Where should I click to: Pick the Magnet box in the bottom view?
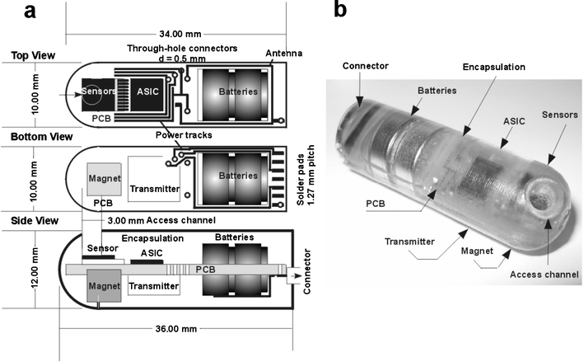(x=104, y=179)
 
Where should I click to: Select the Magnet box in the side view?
(x=104, y=286)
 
